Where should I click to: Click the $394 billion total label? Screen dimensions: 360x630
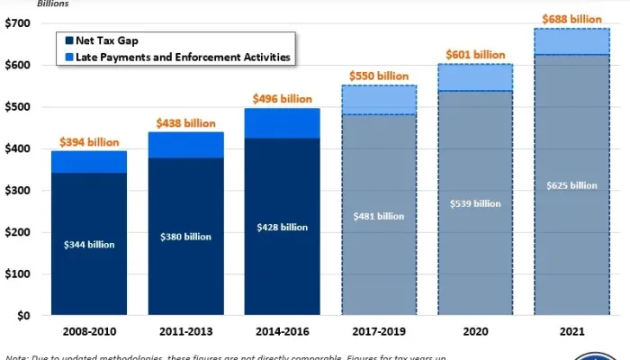click(88, 142)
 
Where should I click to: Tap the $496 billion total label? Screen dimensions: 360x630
click(282, 100)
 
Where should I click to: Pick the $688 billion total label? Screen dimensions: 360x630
click(571, 19)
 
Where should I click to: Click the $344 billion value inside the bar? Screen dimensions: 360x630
click(88, 244)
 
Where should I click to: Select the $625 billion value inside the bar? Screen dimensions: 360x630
click(571, 185)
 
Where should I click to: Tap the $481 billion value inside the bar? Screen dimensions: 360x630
click(378, 216)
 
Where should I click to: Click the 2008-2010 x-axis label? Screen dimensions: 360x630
click(88, 330)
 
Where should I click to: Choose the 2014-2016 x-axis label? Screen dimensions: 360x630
click(282, 330)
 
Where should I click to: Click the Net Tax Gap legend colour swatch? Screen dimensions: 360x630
click(69, 40)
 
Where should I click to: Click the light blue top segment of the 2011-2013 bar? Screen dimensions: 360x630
click(185, 145)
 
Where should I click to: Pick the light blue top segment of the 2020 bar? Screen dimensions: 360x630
click(475, 77)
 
